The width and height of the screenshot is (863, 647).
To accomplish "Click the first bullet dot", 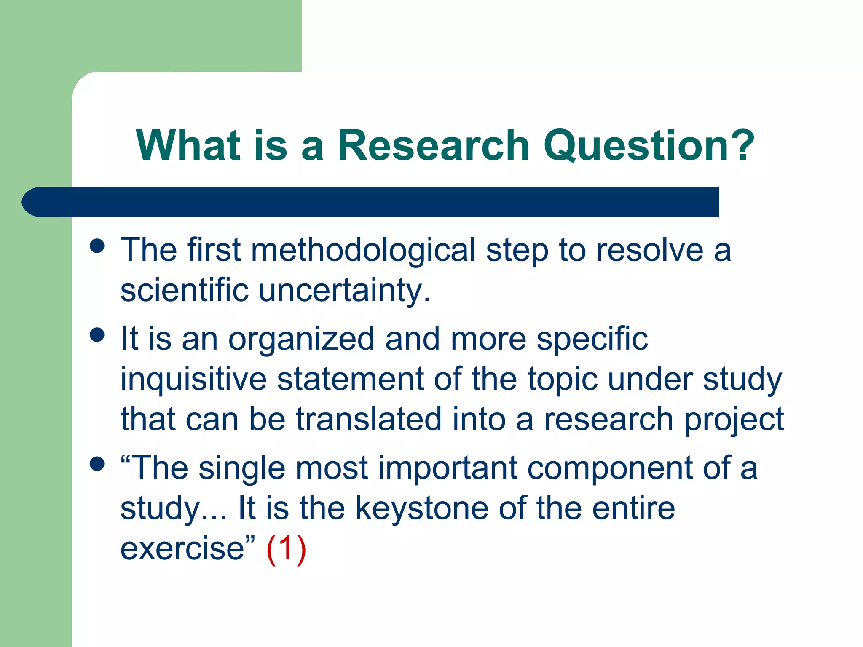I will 97,246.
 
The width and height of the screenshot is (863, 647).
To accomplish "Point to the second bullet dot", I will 97,335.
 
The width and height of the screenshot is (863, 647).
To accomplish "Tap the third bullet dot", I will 97,464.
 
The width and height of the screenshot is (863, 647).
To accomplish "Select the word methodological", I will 363,251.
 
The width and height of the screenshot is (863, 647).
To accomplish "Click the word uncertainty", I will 344,291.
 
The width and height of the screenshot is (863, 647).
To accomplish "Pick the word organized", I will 301,339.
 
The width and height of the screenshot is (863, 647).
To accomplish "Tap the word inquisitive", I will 193,379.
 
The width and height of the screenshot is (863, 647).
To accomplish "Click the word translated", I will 369,419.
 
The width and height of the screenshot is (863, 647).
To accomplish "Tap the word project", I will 734,420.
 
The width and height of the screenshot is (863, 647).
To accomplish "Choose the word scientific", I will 184,291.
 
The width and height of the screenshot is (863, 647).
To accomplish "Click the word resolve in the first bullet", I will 650,251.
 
